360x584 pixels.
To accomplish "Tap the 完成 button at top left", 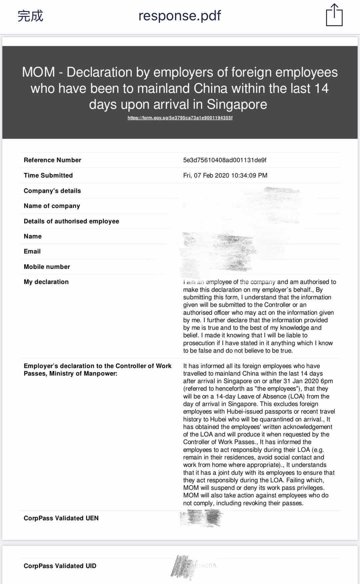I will [30, 16].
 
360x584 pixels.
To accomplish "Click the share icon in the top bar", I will [334, 15].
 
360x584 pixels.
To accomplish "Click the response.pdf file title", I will [180, 16].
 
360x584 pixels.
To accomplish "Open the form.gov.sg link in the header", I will [180, 118].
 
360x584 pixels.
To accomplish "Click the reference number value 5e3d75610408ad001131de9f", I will [225, 160].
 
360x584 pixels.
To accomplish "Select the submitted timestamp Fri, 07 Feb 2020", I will [225, 175].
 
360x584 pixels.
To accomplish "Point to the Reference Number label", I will [52, 160].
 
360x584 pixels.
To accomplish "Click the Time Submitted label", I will [48, 175].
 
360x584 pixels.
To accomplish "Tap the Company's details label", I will [52, 191].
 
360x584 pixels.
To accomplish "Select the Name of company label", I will [52, 206].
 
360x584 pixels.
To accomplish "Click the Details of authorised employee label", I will [71, 221].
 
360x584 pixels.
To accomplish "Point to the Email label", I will [32, 251].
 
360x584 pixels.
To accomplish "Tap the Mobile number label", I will [47, 267].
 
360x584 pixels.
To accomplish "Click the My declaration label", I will [46, 282].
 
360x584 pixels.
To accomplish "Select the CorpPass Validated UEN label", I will [61, 518].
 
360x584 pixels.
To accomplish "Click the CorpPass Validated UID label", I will [60, 566].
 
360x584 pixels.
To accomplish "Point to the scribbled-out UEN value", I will [201, 518].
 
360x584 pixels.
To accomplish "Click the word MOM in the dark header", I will [38, 72].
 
